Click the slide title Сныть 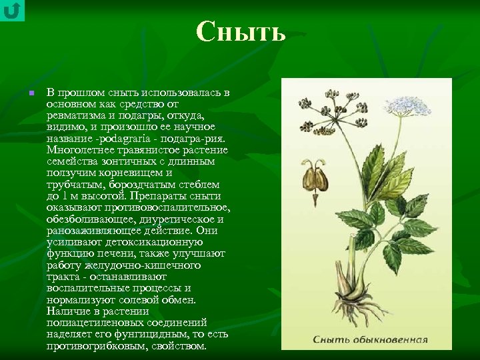point(241,31)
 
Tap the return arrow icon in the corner point(12,11)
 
